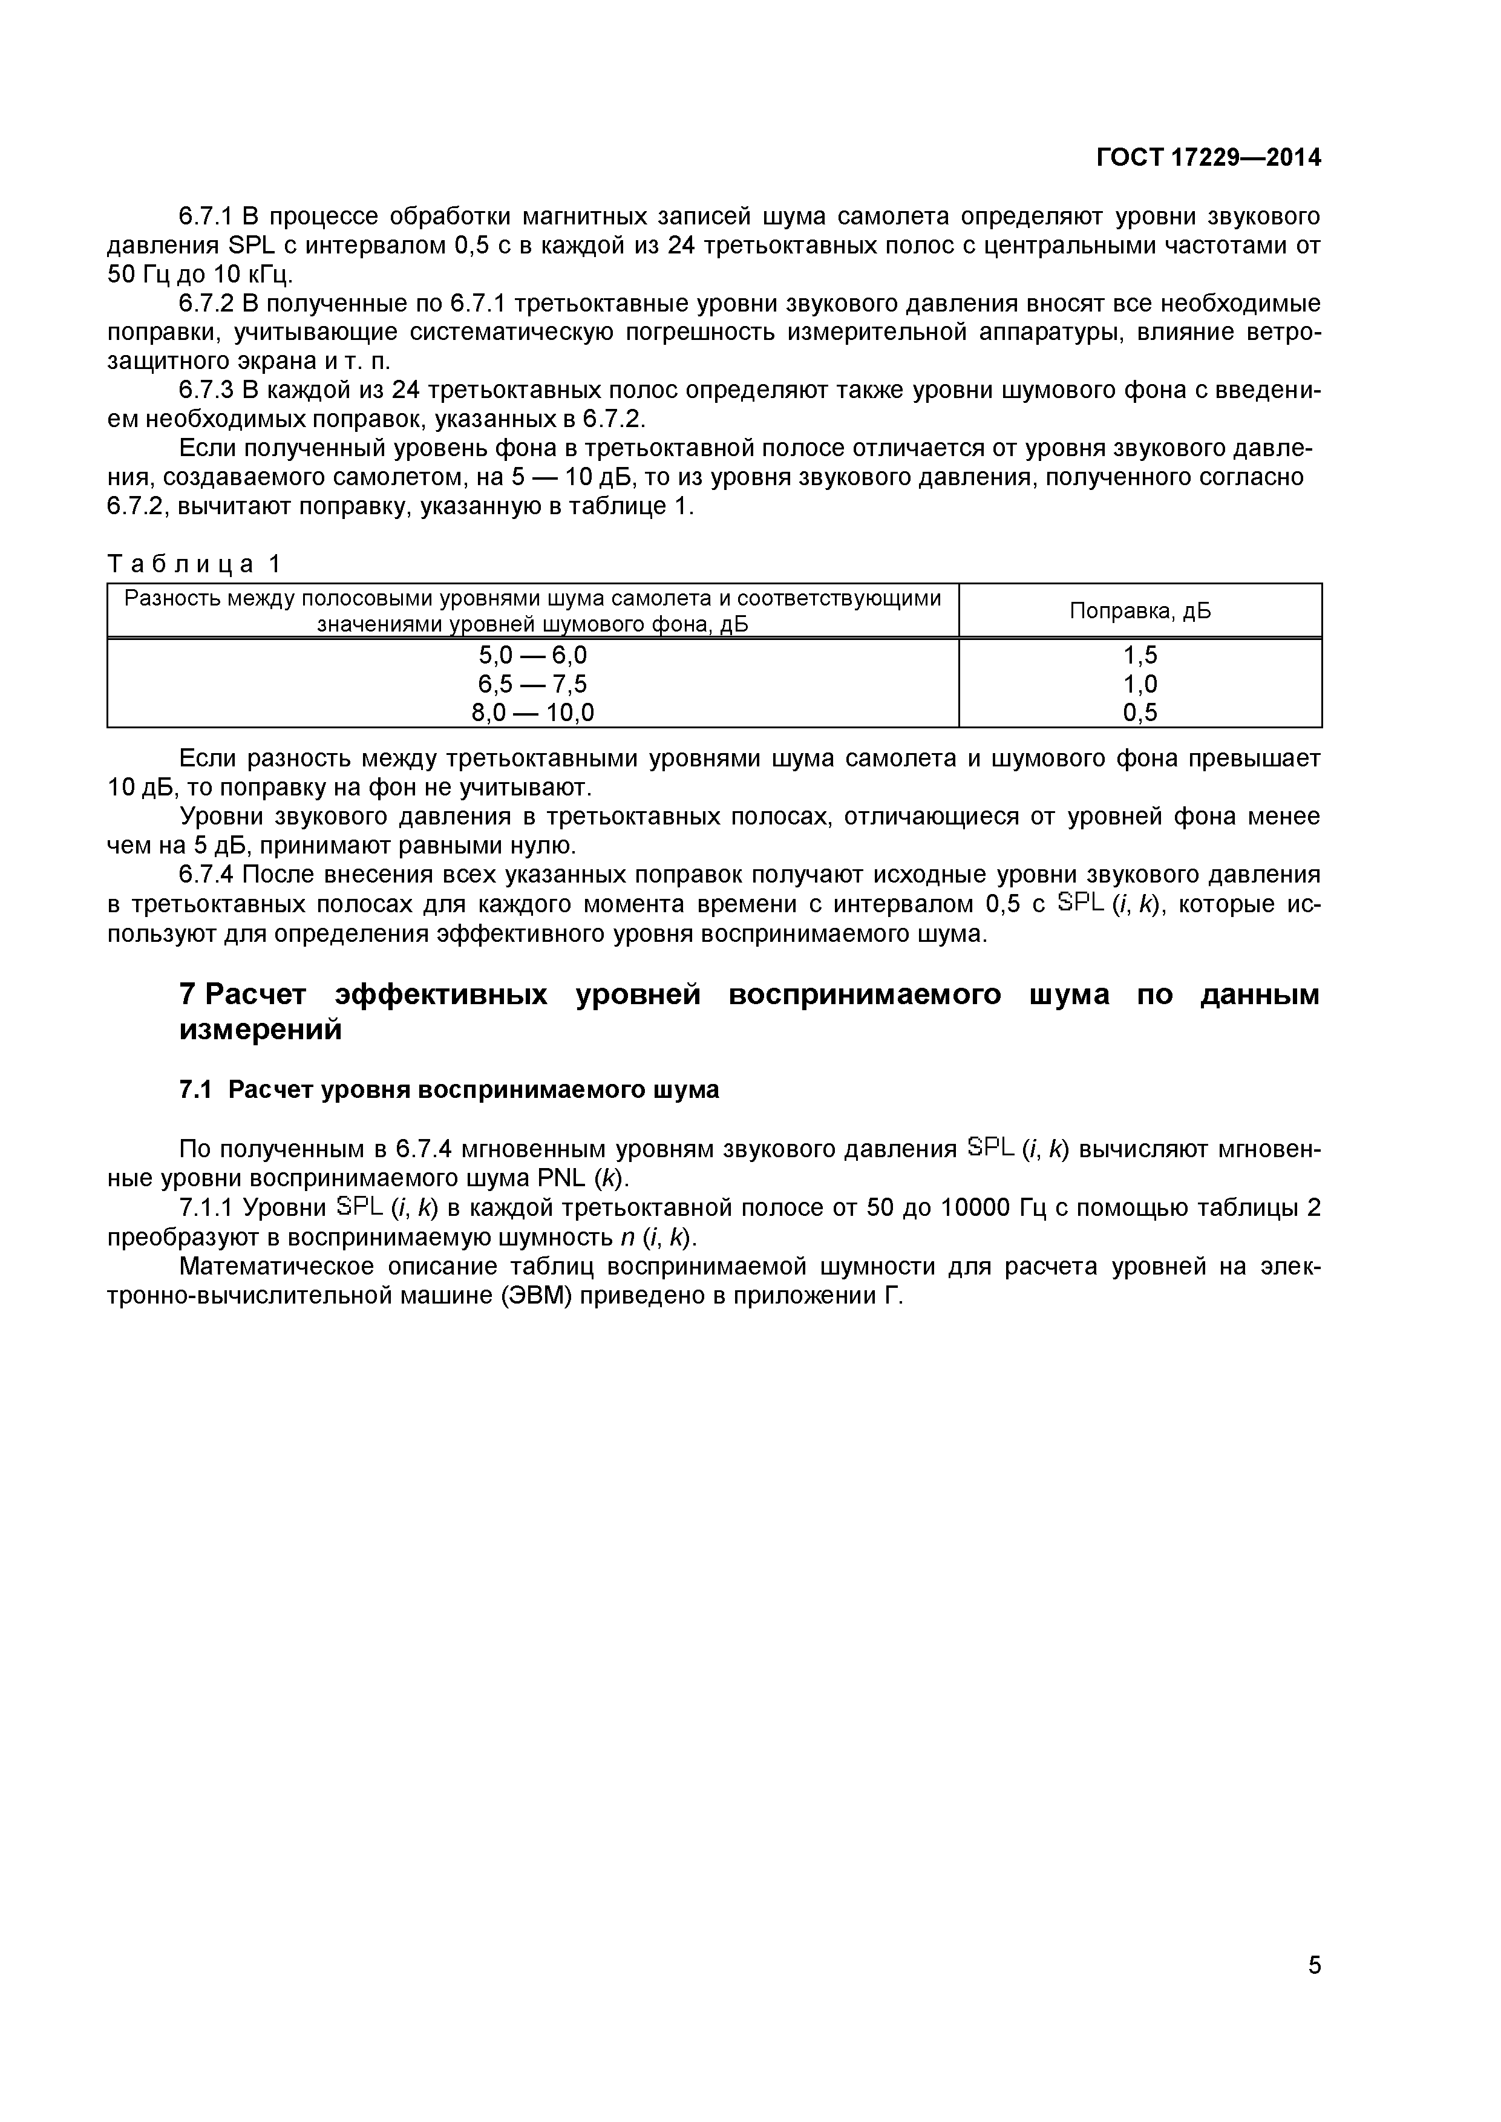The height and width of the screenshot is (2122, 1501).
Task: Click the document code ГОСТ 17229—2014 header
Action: click(x=1208, y=158)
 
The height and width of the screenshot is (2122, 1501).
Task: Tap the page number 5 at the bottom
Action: click(x=1313, y=1991)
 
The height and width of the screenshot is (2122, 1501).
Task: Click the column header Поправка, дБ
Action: click(x=1140, y=611)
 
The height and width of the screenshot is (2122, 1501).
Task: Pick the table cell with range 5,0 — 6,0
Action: click(x=532, y=655)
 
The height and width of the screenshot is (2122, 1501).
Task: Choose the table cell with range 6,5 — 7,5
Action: click(x=532, y=684)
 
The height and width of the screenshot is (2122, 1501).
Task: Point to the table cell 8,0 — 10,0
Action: click(x=532, y=713)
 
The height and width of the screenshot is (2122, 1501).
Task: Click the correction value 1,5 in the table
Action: click(x=1140, y=655)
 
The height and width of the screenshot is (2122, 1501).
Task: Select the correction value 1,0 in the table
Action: click(x=1140, y=684)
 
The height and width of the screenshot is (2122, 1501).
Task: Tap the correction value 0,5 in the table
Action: click(x=1140, y=713)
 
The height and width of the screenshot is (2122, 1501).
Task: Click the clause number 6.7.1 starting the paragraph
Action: click(x=206, y=217)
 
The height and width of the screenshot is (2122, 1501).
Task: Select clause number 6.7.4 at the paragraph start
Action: click(x=206, y=874)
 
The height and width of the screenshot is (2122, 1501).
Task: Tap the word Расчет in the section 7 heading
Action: click(x=256, y=996)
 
